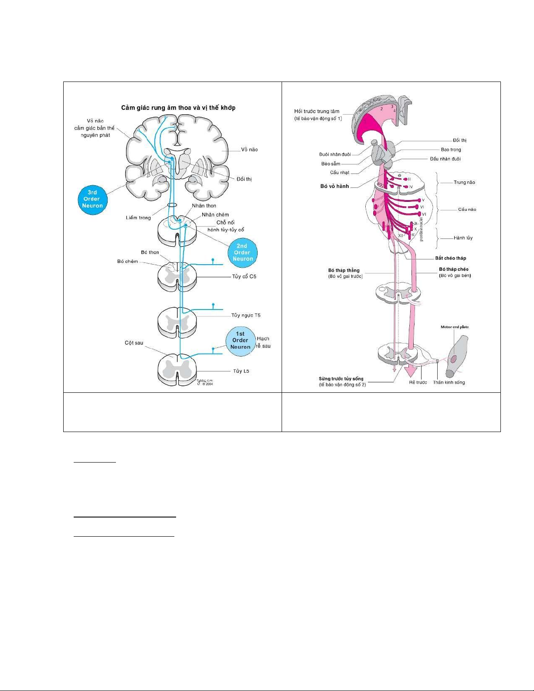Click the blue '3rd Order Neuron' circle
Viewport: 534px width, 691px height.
click(x=92, y=199)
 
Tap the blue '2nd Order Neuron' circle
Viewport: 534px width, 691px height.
click(x=242, y=252)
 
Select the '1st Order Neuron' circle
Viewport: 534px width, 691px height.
click(x=240, y=340)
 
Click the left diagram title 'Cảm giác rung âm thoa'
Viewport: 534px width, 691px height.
click(x=178, y=108)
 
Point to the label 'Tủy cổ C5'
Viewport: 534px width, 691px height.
click(x=244, y=276)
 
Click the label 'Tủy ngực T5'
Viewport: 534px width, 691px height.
click(x=246, y=315)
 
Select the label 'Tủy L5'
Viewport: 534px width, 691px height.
click(x=241, y=371)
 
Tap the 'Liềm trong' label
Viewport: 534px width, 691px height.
click(x=138, y=218)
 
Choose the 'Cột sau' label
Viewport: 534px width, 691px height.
click(x=134, y=343)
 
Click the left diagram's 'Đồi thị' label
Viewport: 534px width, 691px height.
click(x=244, y=179)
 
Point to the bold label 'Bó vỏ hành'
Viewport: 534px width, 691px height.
click(x=334, y=186)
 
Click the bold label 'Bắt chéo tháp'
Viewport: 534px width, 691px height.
click(x=450, y=258)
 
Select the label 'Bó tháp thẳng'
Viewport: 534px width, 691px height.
click(x=344, y=270)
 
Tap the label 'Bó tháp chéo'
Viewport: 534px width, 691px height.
click(x=453, y=269)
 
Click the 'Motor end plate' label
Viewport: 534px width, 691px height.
click(x=455, y=327)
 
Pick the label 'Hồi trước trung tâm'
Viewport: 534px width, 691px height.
click(x=316, y=111)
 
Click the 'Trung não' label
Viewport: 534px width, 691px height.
click(x=464, y=182)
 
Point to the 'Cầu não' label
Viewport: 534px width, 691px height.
click(x=467, y=209)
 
